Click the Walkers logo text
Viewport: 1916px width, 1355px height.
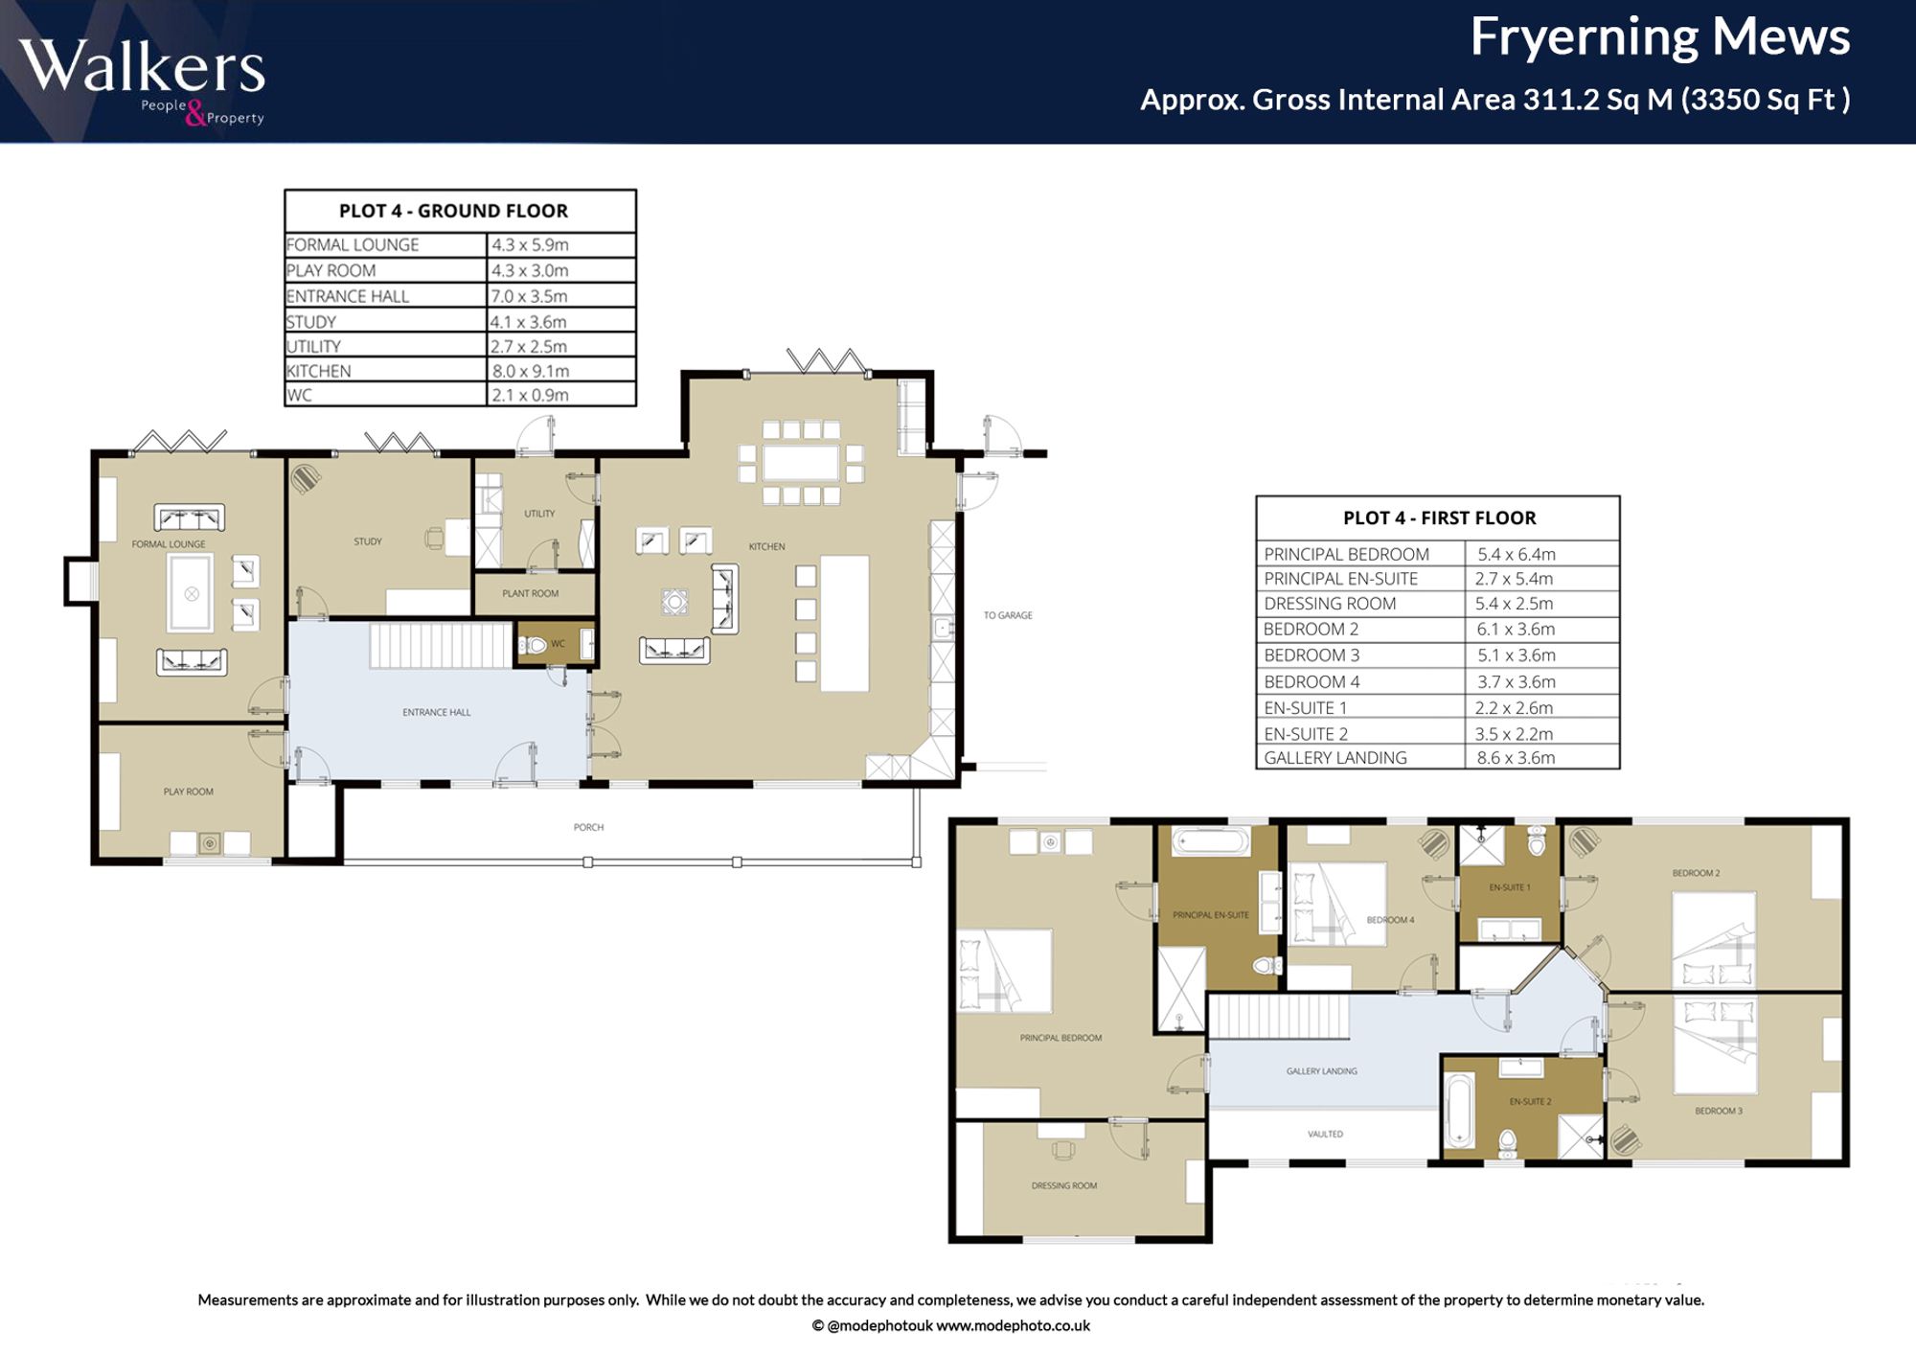(x=142, y=66)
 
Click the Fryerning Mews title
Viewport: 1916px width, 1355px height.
(x=1660, y=37)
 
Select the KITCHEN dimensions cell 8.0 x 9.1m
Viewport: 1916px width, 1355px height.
(x=531, y=371)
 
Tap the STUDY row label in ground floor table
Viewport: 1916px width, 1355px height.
(x=311, y=322)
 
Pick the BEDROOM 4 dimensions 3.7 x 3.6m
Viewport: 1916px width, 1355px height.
(x=1516, y=682)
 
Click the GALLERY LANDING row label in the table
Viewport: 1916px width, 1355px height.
(x=1335, y=758)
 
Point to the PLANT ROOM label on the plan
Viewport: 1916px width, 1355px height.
(x=530, y=593)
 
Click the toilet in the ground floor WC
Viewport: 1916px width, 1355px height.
(x=533, y=645)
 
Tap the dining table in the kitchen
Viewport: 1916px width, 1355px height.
(x=801, y=463)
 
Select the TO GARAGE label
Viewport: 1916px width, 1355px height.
(x=1008, y=615)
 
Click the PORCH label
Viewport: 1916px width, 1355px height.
(x=588, y=827)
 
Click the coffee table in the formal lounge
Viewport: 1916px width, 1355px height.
(x=192, y=593)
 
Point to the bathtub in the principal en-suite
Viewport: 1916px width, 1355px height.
(x=1211, y=841)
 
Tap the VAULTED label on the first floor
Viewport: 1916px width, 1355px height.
(x=1325, y=1135)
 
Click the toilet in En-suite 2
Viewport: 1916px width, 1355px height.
(x=1507, y=1142)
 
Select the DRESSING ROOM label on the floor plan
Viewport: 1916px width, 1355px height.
(x=1064, y=1186)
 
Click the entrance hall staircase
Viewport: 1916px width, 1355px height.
(x=441, y=645)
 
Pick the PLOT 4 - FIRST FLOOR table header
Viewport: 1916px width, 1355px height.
(x=1439, y=518)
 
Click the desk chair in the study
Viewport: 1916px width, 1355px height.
(x=434, y=539)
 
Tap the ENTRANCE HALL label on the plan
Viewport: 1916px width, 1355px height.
(x=437, y=712)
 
